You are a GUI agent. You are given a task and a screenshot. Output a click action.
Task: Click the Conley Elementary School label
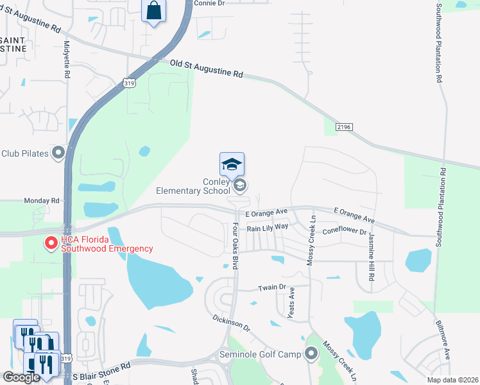click(x=193, y=185)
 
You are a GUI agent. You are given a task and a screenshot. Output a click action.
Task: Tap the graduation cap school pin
click(x=232, y=165)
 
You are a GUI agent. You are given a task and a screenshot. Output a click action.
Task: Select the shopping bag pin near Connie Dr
click(x=153, y=11)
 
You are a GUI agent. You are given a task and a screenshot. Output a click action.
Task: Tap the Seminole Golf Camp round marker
click(x=311, y=354)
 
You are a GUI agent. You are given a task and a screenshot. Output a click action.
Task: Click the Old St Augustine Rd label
click(x=206, y=69)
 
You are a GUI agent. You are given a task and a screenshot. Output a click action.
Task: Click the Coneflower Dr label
click(x=344, y=232)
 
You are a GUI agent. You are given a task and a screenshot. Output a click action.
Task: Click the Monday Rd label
click(x=41, y=201)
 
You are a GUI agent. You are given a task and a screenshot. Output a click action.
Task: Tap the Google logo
click(x=21, y=377)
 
